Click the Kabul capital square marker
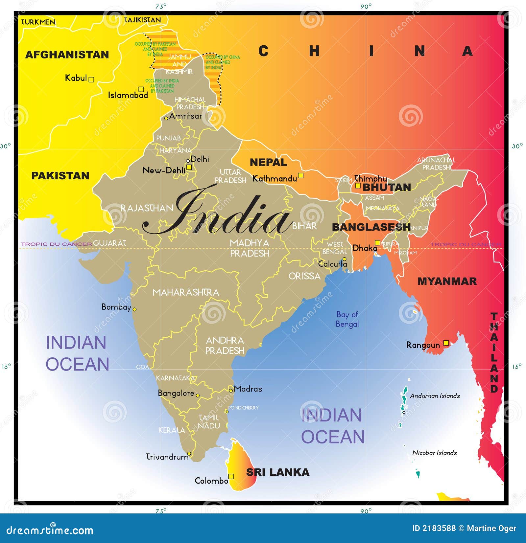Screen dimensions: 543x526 click(91, 79)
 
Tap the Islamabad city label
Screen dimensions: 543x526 click(128, 95)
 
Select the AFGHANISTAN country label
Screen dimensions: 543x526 click(67, 55)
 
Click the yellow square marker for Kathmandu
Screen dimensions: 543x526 click(300, 175)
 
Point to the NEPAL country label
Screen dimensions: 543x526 click(268, 162)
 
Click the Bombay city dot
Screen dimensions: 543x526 click(134, 309)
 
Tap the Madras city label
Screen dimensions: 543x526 click(248, 389)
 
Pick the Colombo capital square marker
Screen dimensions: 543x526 click(231, 476)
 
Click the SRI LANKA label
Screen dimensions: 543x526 click(278, 472)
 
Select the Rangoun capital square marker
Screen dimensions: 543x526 click(446, 343)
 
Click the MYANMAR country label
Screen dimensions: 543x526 click(447, 281)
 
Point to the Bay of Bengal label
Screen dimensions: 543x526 click(347, 319)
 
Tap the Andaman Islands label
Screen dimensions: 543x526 click(435, 396)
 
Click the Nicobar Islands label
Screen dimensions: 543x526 click(435, 453)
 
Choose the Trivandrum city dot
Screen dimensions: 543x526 click(189, 454)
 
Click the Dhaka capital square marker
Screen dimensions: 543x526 click(378, 243)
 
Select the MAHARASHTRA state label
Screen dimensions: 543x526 click(186, 292)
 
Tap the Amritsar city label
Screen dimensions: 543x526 click(185, 116)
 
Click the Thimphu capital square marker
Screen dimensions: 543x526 click(358, 186)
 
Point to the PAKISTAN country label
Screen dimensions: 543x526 click(60, 176)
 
